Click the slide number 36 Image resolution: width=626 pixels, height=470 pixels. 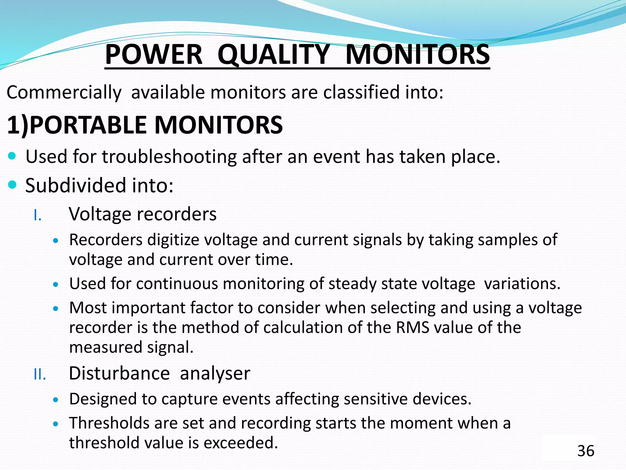(586, 451)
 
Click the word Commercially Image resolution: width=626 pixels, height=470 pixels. (64, 92)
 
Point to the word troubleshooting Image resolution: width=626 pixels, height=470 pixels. (169, 157)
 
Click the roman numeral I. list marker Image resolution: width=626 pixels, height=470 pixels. (37, 215)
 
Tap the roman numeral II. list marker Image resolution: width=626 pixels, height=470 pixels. (40, 375)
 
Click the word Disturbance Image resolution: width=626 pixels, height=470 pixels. (119, 373)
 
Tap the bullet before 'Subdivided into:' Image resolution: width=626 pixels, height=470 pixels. (12, 185)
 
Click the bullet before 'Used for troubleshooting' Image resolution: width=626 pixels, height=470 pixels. (12, 156)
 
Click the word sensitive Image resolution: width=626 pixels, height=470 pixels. (375, 399)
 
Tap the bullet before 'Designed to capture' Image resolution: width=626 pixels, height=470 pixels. (55, 400)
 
